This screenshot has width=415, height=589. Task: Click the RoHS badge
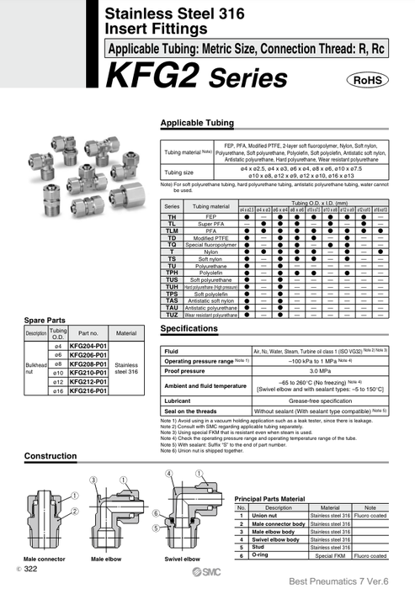pyautogui.click(x=365, y=80)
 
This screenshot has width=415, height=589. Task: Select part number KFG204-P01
pyautogui.click(x=88, y=347)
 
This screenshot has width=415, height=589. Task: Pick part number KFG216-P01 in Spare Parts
pyautogui.click(x=88, y=391)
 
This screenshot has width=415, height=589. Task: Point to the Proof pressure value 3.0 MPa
pyautogui.click(x=319, y=369)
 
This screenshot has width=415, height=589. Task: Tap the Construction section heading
pyautogui.click(x=51, y=455)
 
